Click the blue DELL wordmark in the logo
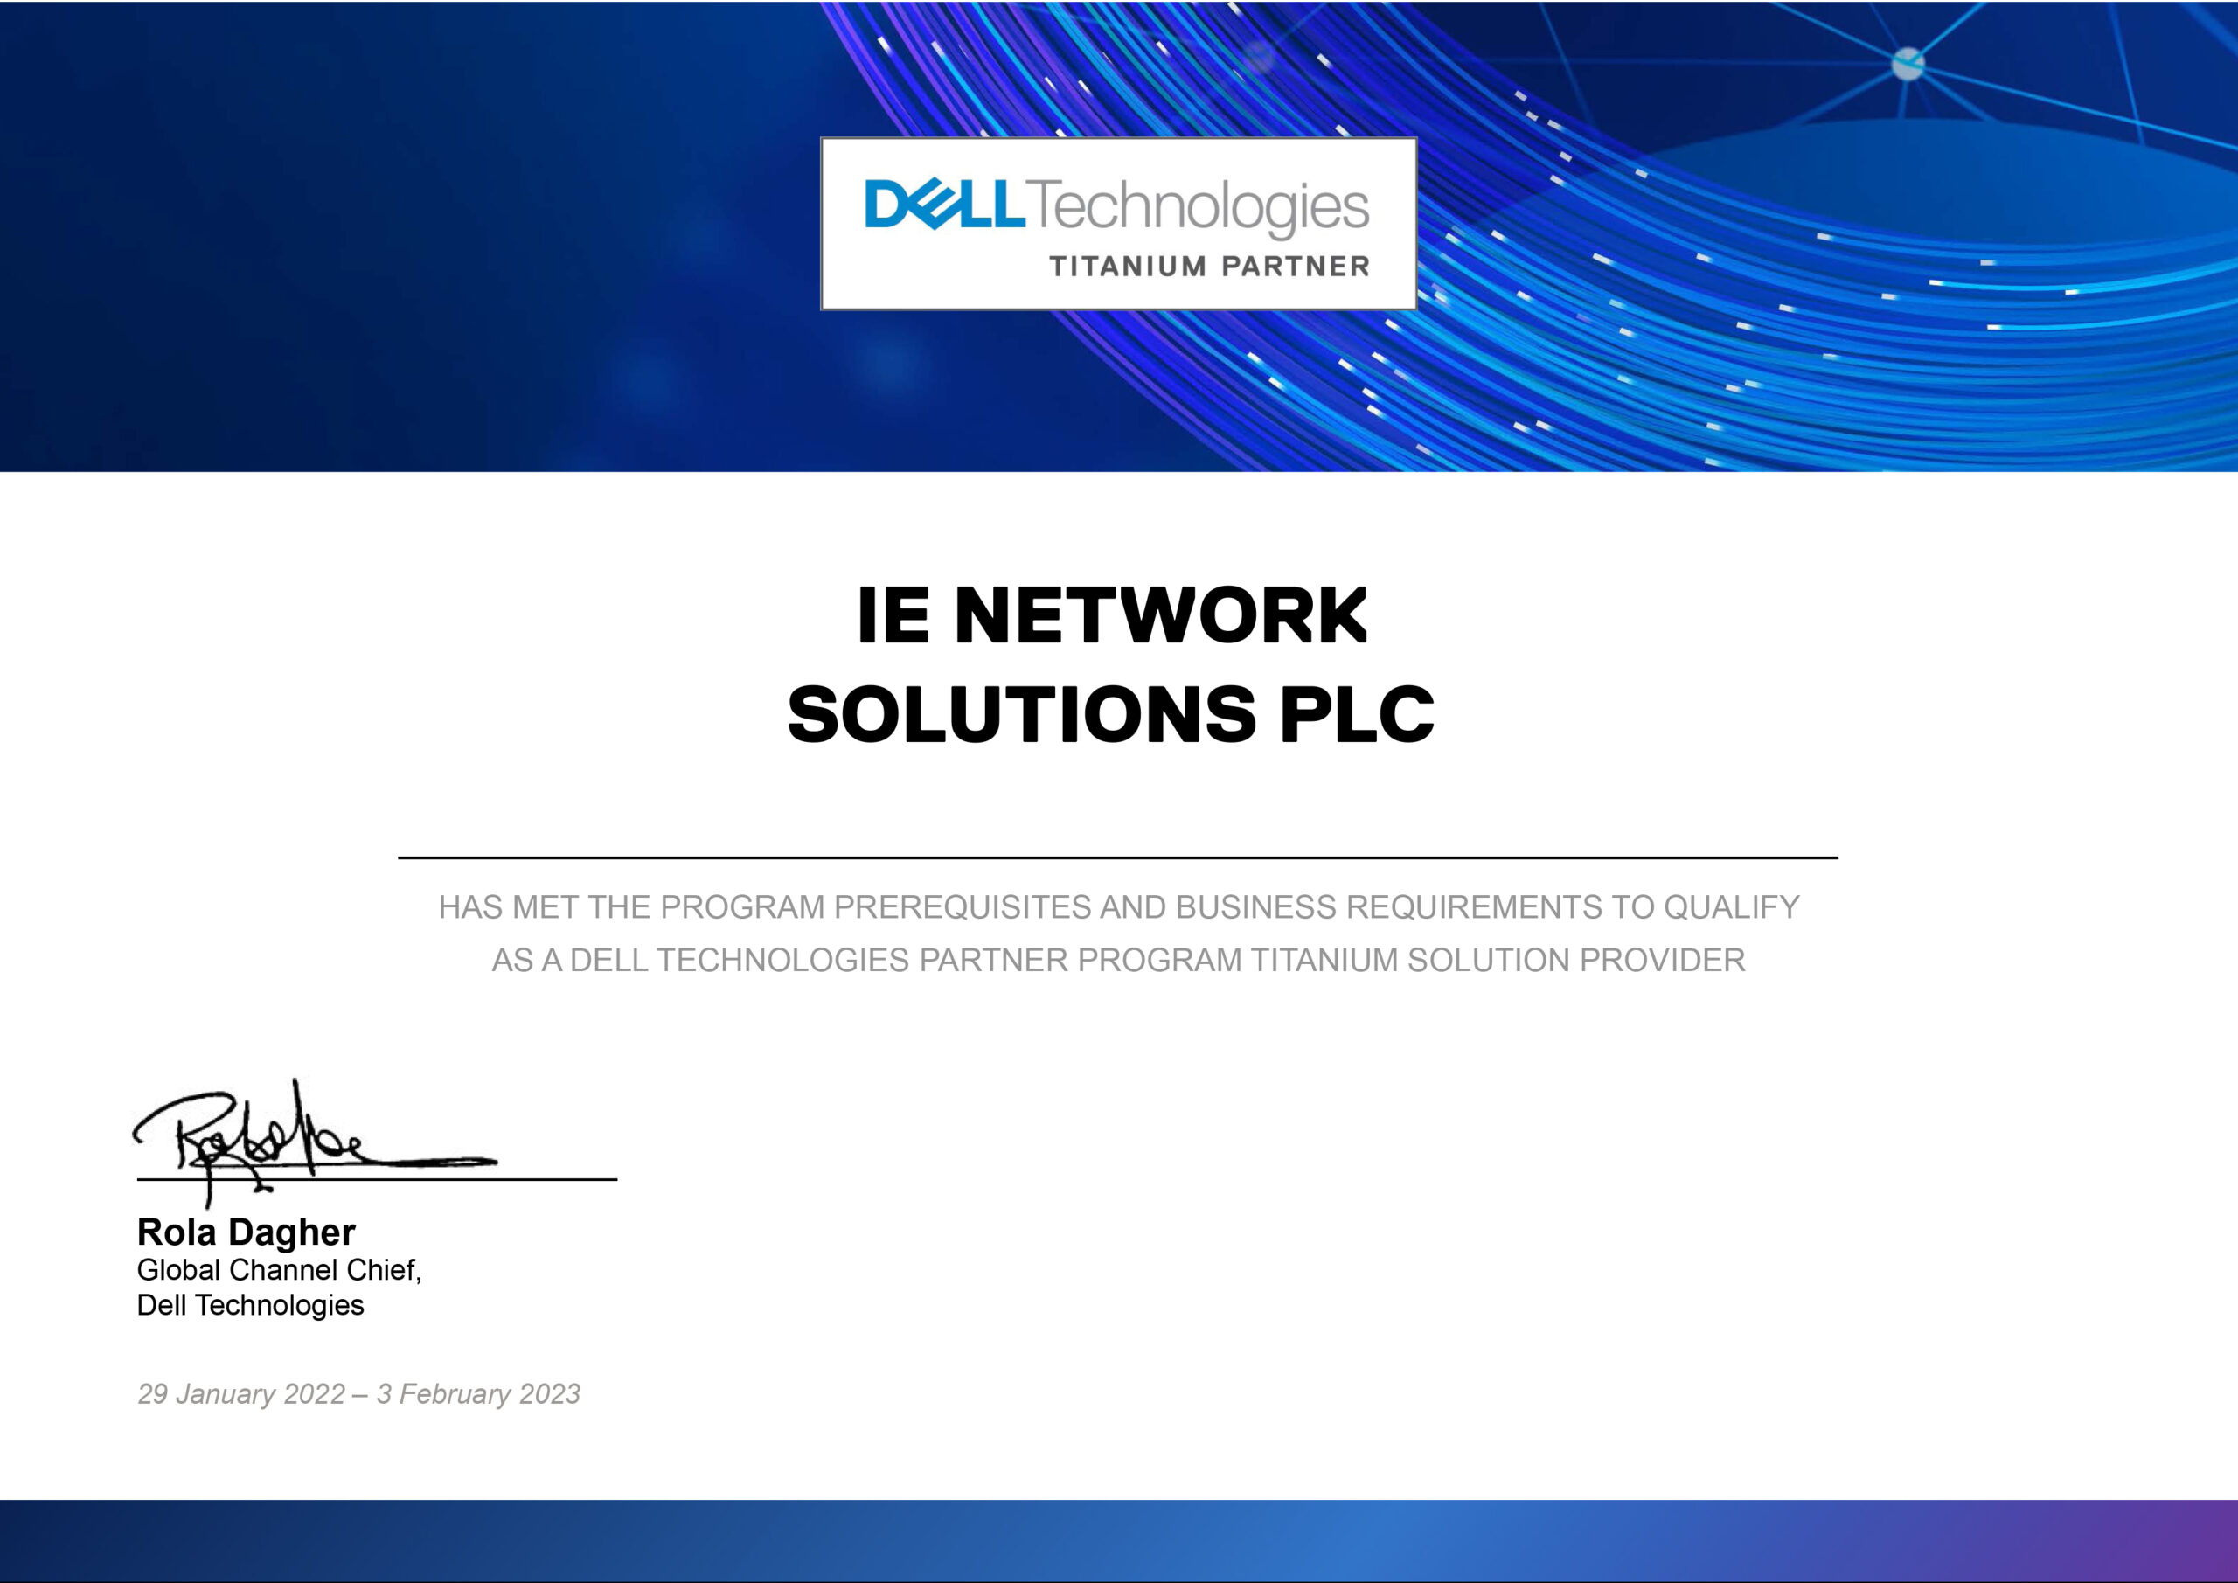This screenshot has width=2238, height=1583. pyautogui.click(x=944, y=203)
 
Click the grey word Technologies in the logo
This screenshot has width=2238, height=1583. pyautogui.click(x=1198, y=208)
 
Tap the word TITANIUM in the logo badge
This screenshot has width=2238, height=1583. pyautogui.click(x=1128, y=266)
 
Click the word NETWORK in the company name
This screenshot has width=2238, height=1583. pyautogui.click(x=1161, y=616)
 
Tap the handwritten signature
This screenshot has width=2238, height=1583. pyautogui.click(x=314, y=1143)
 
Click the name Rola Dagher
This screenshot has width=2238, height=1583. pyautogui.click(x=246, y=1232)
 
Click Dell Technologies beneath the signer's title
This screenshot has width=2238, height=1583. pyautogui.click(x=251, y=1305)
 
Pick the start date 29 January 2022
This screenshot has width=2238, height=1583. pyautogui.click(x=242, y=1394)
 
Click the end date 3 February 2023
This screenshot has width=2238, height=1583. pyautogui.click(x=478, y=1394)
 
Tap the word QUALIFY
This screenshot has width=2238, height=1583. pyautogui.click(x=1731, y=907)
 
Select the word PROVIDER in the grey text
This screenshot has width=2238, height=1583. pyautogui.click(x=1662, y=960)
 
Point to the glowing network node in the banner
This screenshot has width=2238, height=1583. pyautogui.click(x=1908, y=65)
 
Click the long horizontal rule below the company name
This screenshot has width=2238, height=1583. pyautogui.click(x=1118, y=857)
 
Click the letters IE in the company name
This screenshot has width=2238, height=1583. pyautogui.click(x=893, y=616)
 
